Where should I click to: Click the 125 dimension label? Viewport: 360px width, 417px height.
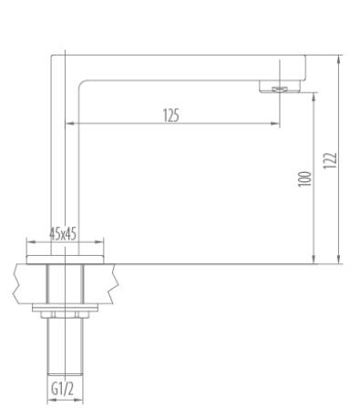(x=171, y=116)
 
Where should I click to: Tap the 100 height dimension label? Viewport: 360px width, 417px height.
(x=304, y=179)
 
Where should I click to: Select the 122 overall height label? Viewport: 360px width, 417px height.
(x=330, y=160)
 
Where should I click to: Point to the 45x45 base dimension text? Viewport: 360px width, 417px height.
(x=63, y=234)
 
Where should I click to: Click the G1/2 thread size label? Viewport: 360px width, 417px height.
(x=62, y=389)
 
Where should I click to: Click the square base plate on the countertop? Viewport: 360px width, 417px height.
(x=65, y=259)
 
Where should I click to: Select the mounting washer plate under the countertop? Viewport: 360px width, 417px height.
(x=65, y=308)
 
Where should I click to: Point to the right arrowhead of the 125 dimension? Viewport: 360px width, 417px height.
(x=274, y=124)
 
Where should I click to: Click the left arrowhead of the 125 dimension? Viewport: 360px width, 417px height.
(x=70, y=124)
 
